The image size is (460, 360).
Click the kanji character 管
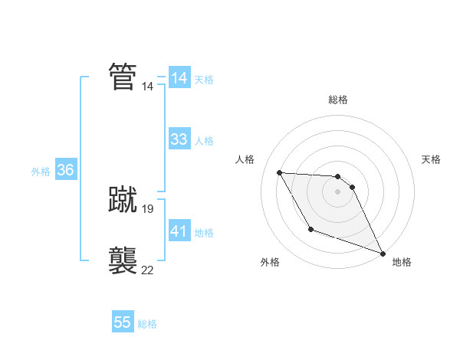click(123, 77)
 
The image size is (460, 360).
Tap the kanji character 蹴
click(123, 199)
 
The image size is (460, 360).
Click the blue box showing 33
click(179, 139)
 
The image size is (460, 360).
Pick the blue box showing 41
click(179, 231)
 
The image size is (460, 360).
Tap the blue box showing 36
click(65, 170)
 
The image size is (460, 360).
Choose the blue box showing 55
click(123, 322)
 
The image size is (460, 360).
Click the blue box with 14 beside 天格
click(179, 78)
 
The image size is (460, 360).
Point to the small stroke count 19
click(148, 208)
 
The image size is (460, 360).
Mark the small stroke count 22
click(147, 270)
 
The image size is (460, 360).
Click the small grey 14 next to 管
click(148, 87)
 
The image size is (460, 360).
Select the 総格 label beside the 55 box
click(147, 324)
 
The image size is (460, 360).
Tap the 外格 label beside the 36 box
click(41, 172)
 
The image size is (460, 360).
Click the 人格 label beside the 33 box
click(204, 141)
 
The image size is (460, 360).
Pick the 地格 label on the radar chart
click(402, 262)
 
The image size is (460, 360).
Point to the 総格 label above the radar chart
click(337, 100)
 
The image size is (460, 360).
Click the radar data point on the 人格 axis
click(279, 172)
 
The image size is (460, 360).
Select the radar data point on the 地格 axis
click(383, 254)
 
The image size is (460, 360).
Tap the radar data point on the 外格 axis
click(310, 229)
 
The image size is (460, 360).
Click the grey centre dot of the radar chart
click(337, 191)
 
